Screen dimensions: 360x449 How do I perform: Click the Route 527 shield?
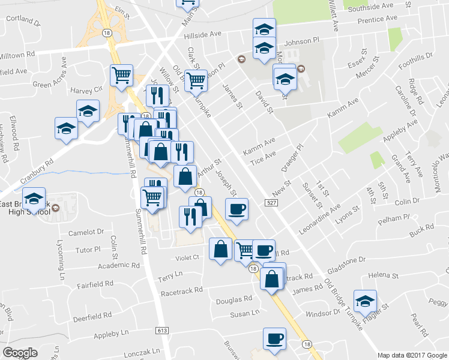269,205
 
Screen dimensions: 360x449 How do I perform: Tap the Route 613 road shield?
161,330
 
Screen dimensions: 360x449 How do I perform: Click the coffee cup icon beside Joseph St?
236,209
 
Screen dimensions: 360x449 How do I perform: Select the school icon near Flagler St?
365,302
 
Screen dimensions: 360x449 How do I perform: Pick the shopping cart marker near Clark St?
196,80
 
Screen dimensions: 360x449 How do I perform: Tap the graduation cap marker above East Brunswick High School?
34,198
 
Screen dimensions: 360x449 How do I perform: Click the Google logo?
20,353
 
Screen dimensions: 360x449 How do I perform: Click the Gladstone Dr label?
344,260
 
